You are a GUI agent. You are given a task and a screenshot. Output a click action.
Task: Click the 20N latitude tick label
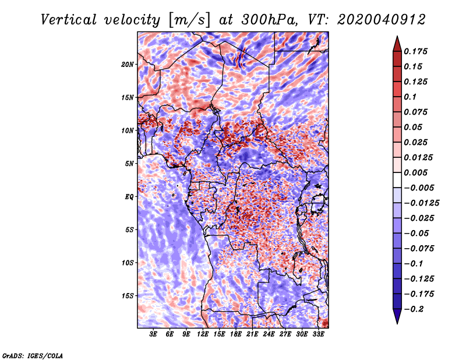128,64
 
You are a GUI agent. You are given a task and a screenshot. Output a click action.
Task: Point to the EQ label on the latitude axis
129,197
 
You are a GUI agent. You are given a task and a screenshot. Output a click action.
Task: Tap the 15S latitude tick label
128,296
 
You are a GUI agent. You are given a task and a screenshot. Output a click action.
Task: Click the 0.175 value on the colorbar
416,51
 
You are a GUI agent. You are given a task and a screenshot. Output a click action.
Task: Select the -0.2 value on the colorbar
415,309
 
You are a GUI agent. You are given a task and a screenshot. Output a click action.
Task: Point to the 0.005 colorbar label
416,172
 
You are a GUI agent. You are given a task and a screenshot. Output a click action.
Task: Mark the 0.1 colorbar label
412,97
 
